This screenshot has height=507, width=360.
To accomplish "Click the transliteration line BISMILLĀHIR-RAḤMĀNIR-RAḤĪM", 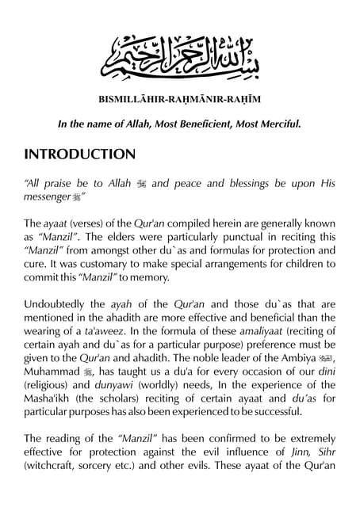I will [x=179, y=100].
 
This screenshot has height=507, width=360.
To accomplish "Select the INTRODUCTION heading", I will [x=79, y=154].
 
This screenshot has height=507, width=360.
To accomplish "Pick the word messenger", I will [x=47, y=196].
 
